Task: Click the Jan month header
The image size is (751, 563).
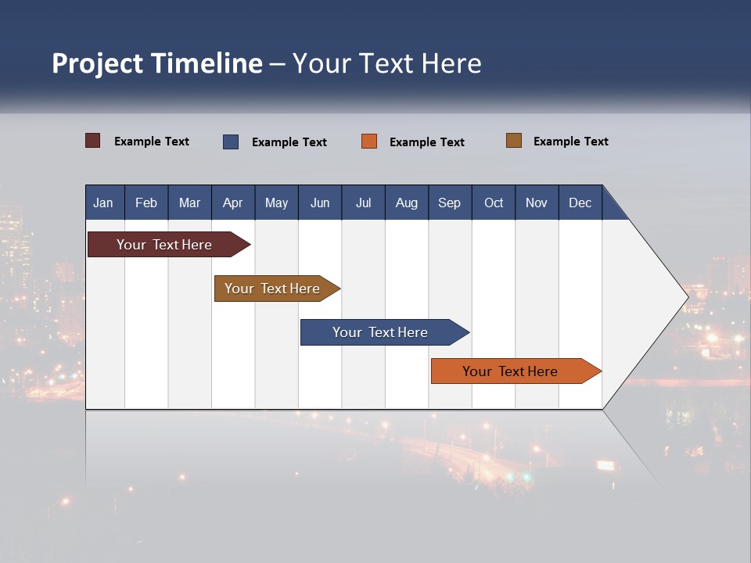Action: pyautogui.click(x=103, y=203)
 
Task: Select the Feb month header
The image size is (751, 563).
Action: pyautogui.click(x=146, y=203)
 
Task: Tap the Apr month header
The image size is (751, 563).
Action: pyautogui.click(x=232, y=203)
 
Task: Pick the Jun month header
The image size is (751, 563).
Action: pyautogui.click(x=320, y=203)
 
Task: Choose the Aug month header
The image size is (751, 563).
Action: pyautogui.click(x=406, y=203)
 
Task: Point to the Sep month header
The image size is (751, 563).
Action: pyautogui.click(x=449, y=203)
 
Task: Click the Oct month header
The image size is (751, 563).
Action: pyautogui.click(x=494, y=203)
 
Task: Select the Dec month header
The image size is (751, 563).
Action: pyautogui.click(x=580, y=203)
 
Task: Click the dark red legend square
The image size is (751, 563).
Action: pyautogui.click(x=93, y=141)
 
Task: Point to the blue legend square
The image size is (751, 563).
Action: pyautogui.click(x=231, y=142)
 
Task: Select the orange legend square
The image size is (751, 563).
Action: pyautogui.click(x=369, y=142)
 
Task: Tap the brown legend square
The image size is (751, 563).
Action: pyautogui.click(x=514, y=141)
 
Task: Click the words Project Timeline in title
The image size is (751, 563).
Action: pyautogui.click(x=157, y=63)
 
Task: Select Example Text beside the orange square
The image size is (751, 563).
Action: pyautogui.click(x=426, y=142)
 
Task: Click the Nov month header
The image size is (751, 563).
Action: pyautogui.click(x=537, y=203)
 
